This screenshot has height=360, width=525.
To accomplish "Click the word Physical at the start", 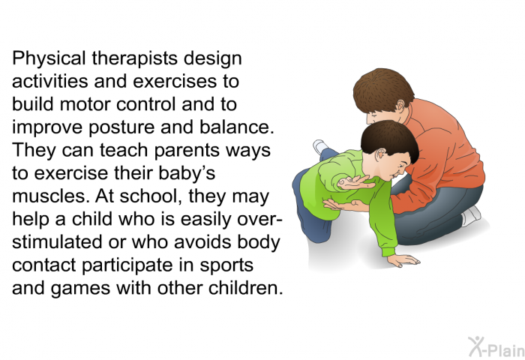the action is pos(49,59).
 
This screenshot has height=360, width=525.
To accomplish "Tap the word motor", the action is pos(85,104).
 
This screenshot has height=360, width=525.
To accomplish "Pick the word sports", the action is pos(226,266).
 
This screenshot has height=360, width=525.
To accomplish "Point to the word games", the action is pos(80,289).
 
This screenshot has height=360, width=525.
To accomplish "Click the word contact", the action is pos(43,265).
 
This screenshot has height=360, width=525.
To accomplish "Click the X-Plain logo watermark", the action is pos(496,346).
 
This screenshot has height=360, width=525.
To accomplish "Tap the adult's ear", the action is pos(400,106).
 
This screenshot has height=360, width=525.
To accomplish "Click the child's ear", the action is pos(380,154).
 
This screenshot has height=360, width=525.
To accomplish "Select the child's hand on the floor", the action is pos(403,260).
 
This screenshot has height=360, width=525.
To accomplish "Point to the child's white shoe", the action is pos(321,147).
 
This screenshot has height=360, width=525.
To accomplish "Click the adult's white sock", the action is pos(472,215).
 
